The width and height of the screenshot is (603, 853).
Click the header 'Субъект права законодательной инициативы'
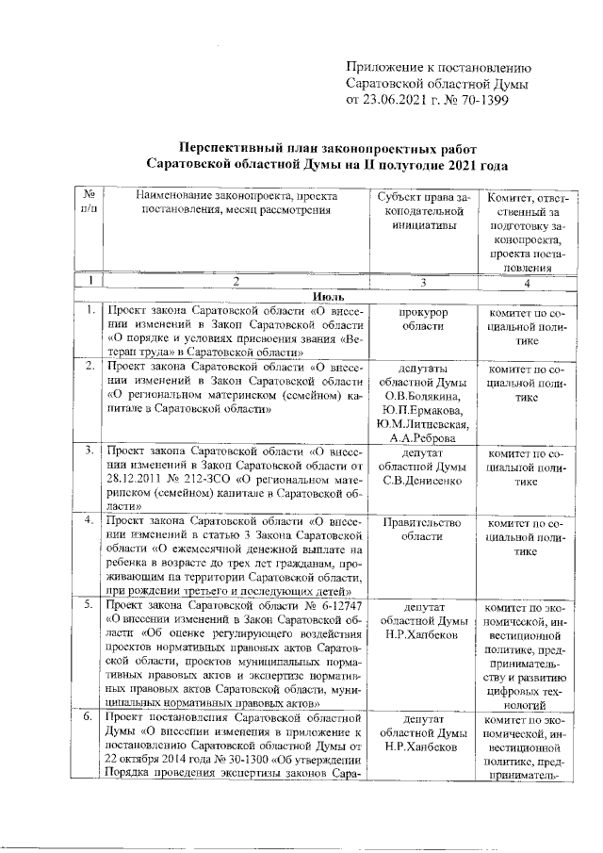click(423, 211)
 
